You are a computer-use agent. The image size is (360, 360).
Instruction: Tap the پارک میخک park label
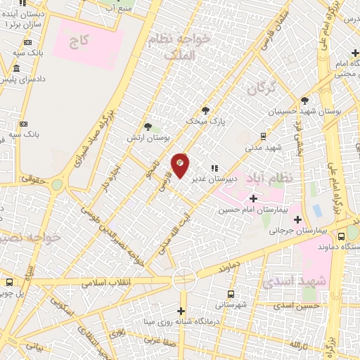[205, 121]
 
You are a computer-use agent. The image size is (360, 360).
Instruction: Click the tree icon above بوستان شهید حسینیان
[304, 101]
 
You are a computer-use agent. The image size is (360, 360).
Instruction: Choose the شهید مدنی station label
[263, 148]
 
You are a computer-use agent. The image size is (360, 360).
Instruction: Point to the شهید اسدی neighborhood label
[285, 281]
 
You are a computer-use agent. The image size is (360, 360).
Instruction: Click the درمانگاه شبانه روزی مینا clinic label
[181, 323]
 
